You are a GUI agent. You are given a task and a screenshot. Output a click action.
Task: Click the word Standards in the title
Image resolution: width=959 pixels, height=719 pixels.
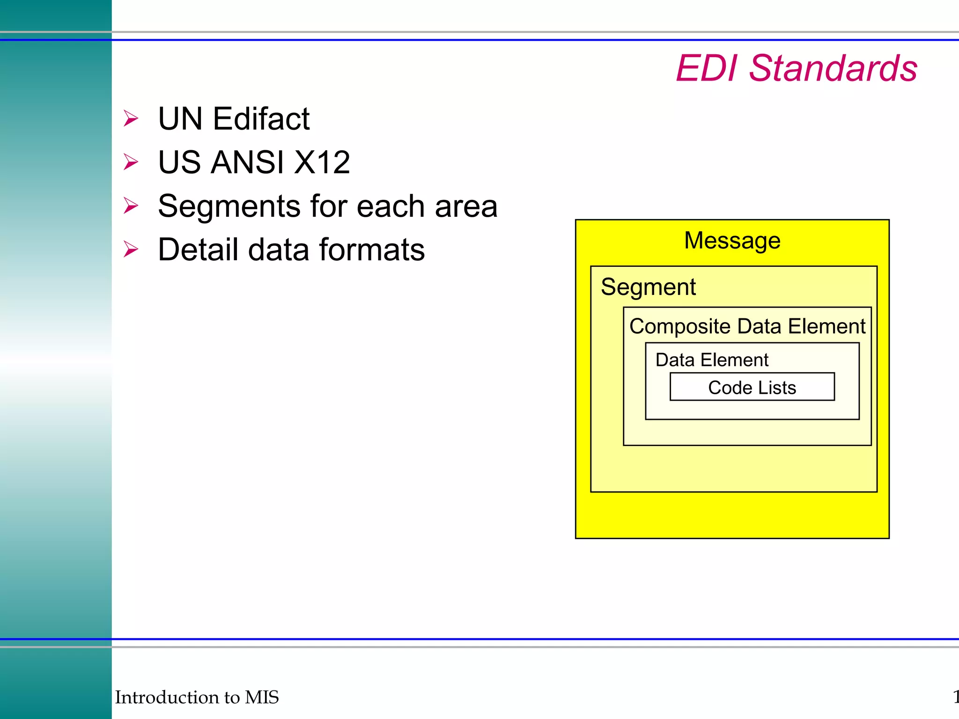click(x=833, y=68)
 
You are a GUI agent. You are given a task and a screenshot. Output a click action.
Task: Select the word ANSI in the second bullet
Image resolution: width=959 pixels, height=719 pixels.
click(x=247, y=162)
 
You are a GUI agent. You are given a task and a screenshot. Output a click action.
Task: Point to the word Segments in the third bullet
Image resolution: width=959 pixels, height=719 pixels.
click(x=229, y=206)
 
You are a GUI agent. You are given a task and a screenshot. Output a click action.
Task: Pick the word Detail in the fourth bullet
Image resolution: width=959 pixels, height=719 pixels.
click(x=198, y=249)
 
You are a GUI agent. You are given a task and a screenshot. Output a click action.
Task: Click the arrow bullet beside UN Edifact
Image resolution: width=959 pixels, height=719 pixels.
click(x=131, y=118)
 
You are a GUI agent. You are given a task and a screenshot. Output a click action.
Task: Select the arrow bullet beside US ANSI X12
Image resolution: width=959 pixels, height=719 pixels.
click(x=131, y=162)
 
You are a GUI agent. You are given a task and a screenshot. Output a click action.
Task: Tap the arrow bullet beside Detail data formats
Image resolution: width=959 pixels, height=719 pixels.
click(x=131, y=249)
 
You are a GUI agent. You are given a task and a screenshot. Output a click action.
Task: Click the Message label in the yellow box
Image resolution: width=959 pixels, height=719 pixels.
click(x=732, y=241)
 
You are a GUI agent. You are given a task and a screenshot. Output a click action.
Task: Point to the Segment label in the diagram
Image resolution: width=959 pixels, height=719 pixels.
click(x=648, y=287)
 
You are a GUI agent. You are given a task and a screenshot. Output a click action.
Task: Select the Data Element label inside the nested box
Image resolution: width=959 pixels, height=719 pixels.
click(x=711, y=360)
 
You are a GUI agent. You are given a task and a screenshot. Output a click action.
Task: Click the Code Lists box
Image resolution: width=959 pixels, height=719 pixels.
click(x=752, y=387)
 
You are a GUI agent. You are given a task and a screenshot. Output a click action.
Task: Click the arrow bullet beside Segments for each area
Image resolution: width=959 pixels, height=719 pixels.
click(x=131, y=205)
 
